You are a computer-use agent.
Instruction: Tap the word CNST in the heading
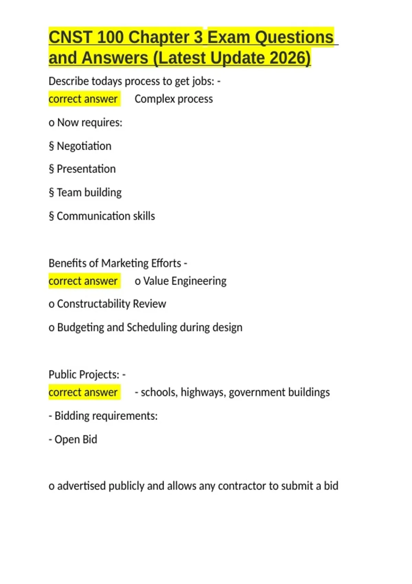click(x=70, y=37)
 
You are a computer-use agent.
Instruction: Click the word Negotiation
click(x=84, y=146)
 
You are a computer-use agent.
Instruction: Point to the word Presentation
click(x=86, y=169)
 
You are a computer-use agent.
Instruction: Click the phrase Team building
click(x=89, y=192)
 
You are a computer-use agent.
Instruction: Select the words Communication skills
click(x=106, y=216)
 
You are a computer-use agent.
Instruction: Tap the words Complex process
click(x=174, y=99)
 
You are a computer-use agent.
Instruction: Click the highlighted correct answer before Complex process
click(x=83, y=99)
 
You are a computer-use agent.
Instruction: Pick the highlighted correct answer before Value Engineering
click(x=83, y=281)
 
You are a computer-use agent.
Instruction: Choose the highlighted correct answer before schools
click(x=83, y=392)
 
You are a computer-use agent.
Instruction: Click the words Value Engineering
click(x=185, y=281)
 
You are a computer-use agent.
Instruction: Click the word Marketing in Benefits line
click(x=125, y=263)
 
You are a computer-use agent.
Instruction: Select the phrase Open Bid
click(x=76, y=439)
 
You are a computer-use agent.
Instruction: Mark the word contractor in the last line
click(x=242, y=486)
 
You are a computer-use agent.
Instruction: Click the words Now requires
click(x=90, y=123)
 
